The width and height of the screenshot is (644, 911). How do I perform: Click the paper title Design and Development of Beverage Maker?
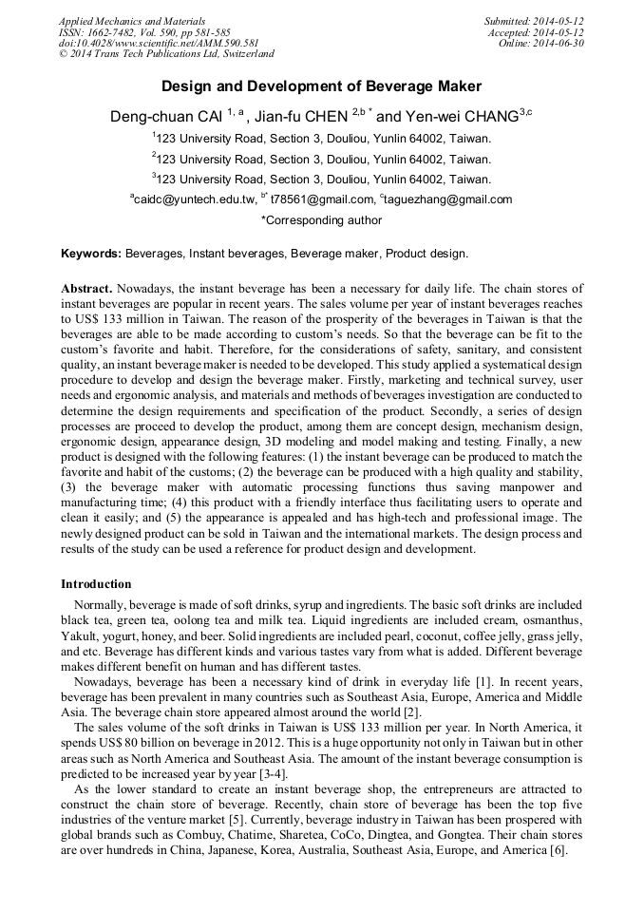click(x=321, y=85)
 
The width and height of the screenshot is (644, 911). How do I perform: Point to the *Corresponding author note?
click(x=321, y=220)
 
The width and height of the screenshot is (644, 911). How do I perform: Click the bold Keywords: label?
click(x=91, y=254)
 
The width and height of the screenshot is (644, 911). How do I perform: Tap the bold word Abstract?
click(x=86, y=288)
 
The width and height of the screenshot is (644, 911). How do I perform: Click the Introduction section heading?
click(x=96, y=583)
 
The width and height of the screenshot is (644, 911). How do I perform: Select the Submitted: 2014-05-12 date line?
click(x=534, y=20)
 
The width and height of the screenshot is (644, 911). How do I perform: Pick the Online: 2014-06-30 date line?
click(x=541, y=43)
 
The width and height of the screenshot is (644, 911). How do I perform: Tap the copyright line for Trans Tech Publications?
click(x=166, y=54)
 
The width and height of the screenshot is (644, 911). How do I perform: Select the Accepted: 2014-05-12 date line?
click(x=537, y=31)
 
